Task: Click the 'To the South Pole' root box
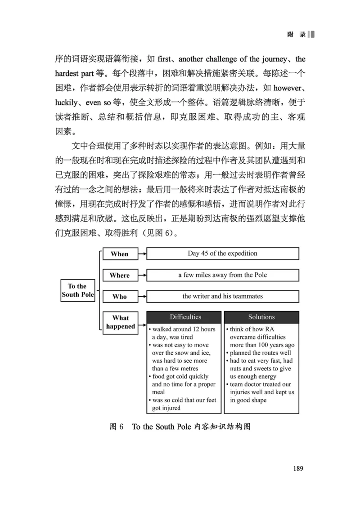point(77,290)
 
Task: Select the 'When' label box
point(119,254)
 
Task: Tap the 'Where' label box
point(119,275)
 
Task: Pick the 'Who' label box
point(119,297)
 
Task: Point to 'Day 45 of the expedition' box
point(222,254)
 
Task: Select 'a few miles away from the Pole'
point(222,275)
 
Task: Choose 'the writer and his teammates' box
point(222,296)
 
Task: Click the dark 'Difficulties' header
point(185,317)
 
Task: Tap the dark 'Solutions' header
point(261,317)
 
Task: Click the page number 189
point(298,468)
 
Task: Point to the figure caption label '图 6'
point(117,427)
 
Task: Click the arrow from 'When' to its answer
point(141,254)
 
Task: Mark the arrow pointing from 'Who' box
point(141,297)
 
